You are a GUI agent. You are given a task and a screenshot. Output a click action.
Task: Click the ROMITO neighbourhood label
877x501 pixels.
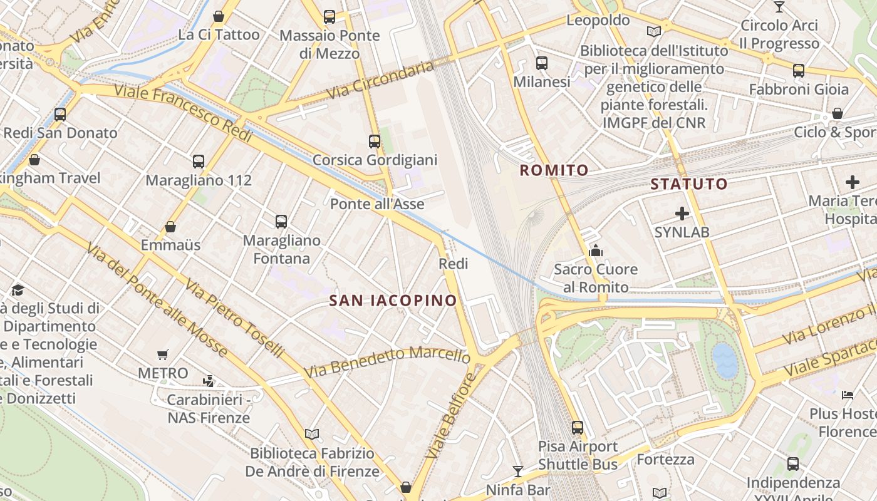554,170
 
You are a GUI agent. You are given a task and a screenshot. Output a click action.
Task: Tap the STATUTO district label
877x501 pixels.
688,184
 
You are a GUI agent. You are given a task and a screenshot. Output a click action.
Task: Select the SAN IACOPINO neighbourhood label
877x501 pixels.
393,301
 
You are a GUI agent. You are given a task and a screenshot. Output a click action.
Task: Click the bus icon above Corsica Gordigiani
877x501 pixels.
375,142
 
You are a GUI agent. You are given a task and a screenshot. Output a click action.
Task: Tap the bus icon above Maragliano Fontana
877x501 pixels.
281,221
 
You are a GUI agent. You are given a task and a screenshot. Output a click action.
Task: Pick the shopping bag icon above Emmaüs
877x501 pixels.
170,227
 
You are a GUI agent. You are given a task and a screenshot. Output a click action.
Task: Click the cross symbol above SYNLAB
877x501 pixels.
682,214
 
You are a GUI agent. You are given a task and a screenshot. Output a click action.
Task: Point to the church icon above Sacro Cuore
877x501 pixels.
595,251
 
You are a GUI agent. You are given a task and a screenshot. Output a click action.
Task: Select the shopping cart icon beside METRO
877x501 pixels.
163,355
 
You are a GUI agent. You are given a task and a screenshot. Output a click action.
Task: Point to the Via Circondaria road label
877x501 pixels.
380,80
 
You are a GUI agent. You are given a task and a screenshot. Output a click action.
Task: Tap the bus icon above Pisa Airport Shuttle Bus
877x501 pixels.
578,428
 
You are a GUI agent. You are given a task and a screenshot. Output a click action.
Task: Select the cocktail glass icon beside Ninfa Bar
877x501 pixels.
518,471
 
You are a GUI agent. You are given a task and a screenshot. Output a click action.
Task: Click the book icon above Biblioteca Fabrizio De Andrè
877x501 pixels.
312,434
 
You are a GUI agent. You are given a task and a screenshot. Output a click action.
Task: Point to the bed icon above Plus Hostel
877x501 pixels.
848,395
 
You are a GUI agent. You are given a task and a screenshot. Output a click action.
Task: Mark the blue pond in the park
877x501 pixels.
725,361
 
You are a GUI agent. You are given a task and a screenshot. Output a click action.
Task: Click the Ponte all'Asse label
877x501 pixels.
377,204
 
